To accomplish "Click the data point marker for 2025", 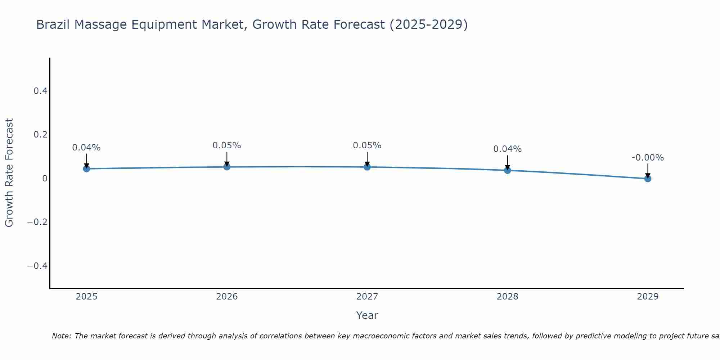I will tap(86, 168).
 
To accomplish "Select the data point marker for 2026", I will tap(227, 167).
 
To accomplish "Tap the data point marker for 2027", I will tap(367, 167).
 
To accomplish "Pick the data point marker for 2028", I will tap(508, 170).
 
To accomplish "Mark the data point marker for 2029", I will tap(648, 179).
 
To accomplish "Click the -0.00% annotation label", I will tap(648, 158).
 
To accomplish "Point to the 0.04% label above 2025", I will tap(86, 148).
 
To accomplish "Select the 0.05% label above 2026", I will tap(227, 145).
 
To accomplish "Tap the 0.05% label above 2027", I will tap(367, 145).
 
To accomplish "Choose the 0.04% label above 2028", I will tap(508, 149).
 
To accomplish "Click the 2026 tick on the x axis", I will tap(227, 297).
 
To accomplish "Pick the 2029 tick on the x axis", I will tap(648, 297).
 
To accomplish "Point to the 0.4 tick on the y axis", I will tap(41, 91).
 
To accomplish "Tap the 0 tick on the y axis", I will tap(45, 179).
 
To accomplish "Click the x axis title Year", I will tap(367, 316).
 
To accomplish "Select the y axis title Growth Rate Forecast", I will tap(9, 173).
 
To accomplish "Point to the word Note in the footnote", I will tap(61, 336).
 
